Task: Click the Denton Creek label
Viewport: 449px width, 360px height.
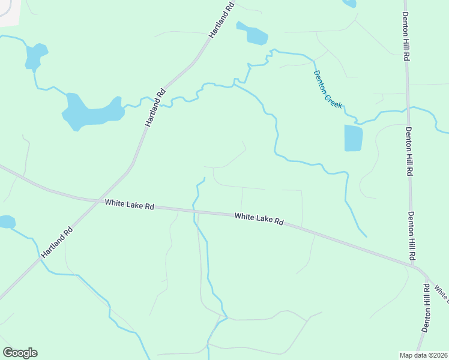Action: [328, 89]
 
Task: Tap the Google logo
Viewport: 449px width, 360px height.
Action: [20, 353]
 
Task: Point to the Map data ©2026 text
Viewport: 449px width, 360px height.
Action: [423, 355]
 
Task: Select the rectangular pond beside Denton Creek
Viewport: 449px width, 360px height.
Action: [354, 138]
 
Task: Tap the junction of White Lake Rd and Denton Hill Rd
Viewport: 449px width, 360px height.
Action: [417, 267]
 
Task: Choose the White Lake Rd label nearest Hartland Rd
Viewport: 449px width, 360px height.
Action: [129, 205]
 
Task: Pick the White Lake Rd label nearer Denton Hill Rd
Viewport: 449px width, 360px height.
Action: [259, 218]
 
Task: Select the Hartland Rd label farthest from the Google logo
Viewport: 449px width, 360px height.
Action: [221, 20]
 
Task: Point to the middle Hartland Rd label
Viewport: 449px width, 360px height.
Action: [155, 108]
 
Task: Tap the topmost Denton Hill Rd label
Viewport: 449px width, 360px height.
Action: [406, 36]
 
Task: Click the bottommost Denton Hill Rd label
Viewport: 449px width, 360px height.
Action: [426, 308]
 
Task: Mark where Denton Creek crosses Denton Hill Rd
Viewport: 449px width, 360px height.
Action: [408, 109]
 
